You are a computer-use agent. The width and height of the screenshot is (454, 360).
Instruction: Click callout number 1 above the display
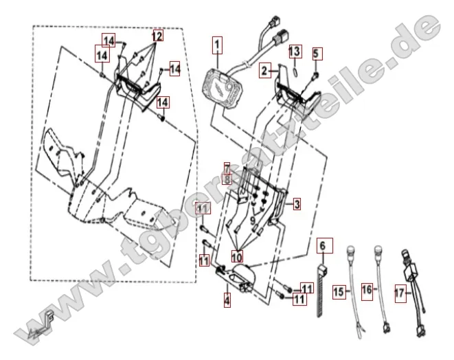click(x=218, y=46)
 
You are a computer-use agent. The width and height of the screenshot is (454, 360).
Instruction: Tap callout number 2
click(x=264, y=71)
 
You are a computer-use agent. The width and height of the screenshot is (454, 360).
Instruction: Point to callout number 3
click(x=297, y=204)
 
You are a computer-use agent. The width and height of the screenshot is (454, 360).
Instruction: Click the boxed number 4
click(x=226, y=300)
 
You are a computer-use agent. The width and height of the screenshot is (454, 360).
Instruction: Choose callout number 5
click(x=316, y=53)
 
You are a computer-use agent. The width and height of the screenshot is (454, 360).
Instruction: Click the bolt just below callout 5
click(x=315, y=73)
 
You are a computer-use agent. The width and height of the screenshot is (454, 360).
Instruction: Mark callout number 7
click(x=226, y=168)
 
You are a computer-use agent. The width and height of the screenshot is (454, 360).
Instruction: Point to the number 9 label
click(x=253, y=221)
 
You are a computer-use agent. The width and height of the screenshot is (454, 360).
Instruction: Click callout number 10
click(x=236, y=256)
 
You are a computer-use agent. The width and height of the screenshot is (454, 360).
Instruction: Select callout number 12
click(x=157, y=35)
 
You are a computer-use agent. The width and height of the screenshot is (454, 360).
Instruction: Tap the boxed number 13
click(x=294, y=52)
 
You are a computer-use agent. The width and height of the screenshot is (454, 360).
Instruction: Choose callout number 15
click(x=338, y=291)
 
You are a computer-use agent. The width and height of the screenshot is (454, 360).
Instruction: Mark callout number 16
click(x=367, y=290)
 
